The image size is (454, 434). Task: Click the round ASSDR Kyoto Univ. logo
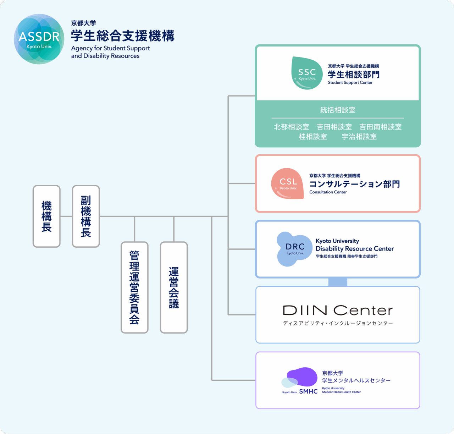(39, 39)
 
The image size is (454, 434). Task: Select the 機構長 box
(46, 216)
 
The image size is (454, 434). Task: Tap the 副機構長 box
(86, 216)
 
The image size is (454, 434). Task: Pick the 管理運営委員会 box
(134, 287)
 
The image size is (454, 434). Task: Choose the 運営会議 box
(174, 287)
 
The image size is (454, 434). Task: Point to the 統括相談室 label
(338, 110)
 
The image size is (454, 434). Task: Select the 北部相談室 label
(291, 127)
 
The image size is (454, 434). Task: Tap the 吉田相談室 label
(334, 127)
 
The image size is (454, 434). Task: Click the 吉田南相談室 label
(380, 127)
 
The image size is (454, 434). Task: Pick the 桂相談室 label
(312, 137)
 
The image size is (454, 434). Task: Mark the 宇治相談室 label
(359, 137)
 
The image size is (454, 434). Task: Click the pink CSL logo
(288, 183)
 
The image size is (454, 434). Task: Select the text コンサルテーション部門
(354, 184)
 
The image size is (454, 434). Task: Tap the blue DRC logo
(294, 249)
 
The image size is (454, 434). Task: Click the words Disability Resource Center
(355, 249)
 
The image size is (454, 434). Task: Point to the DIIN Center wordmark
(338, 311)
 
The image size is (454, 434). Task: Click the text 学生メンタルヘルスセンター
(356, 380)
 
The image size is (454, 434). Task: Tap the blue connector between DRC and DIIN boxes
(338, 282)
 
